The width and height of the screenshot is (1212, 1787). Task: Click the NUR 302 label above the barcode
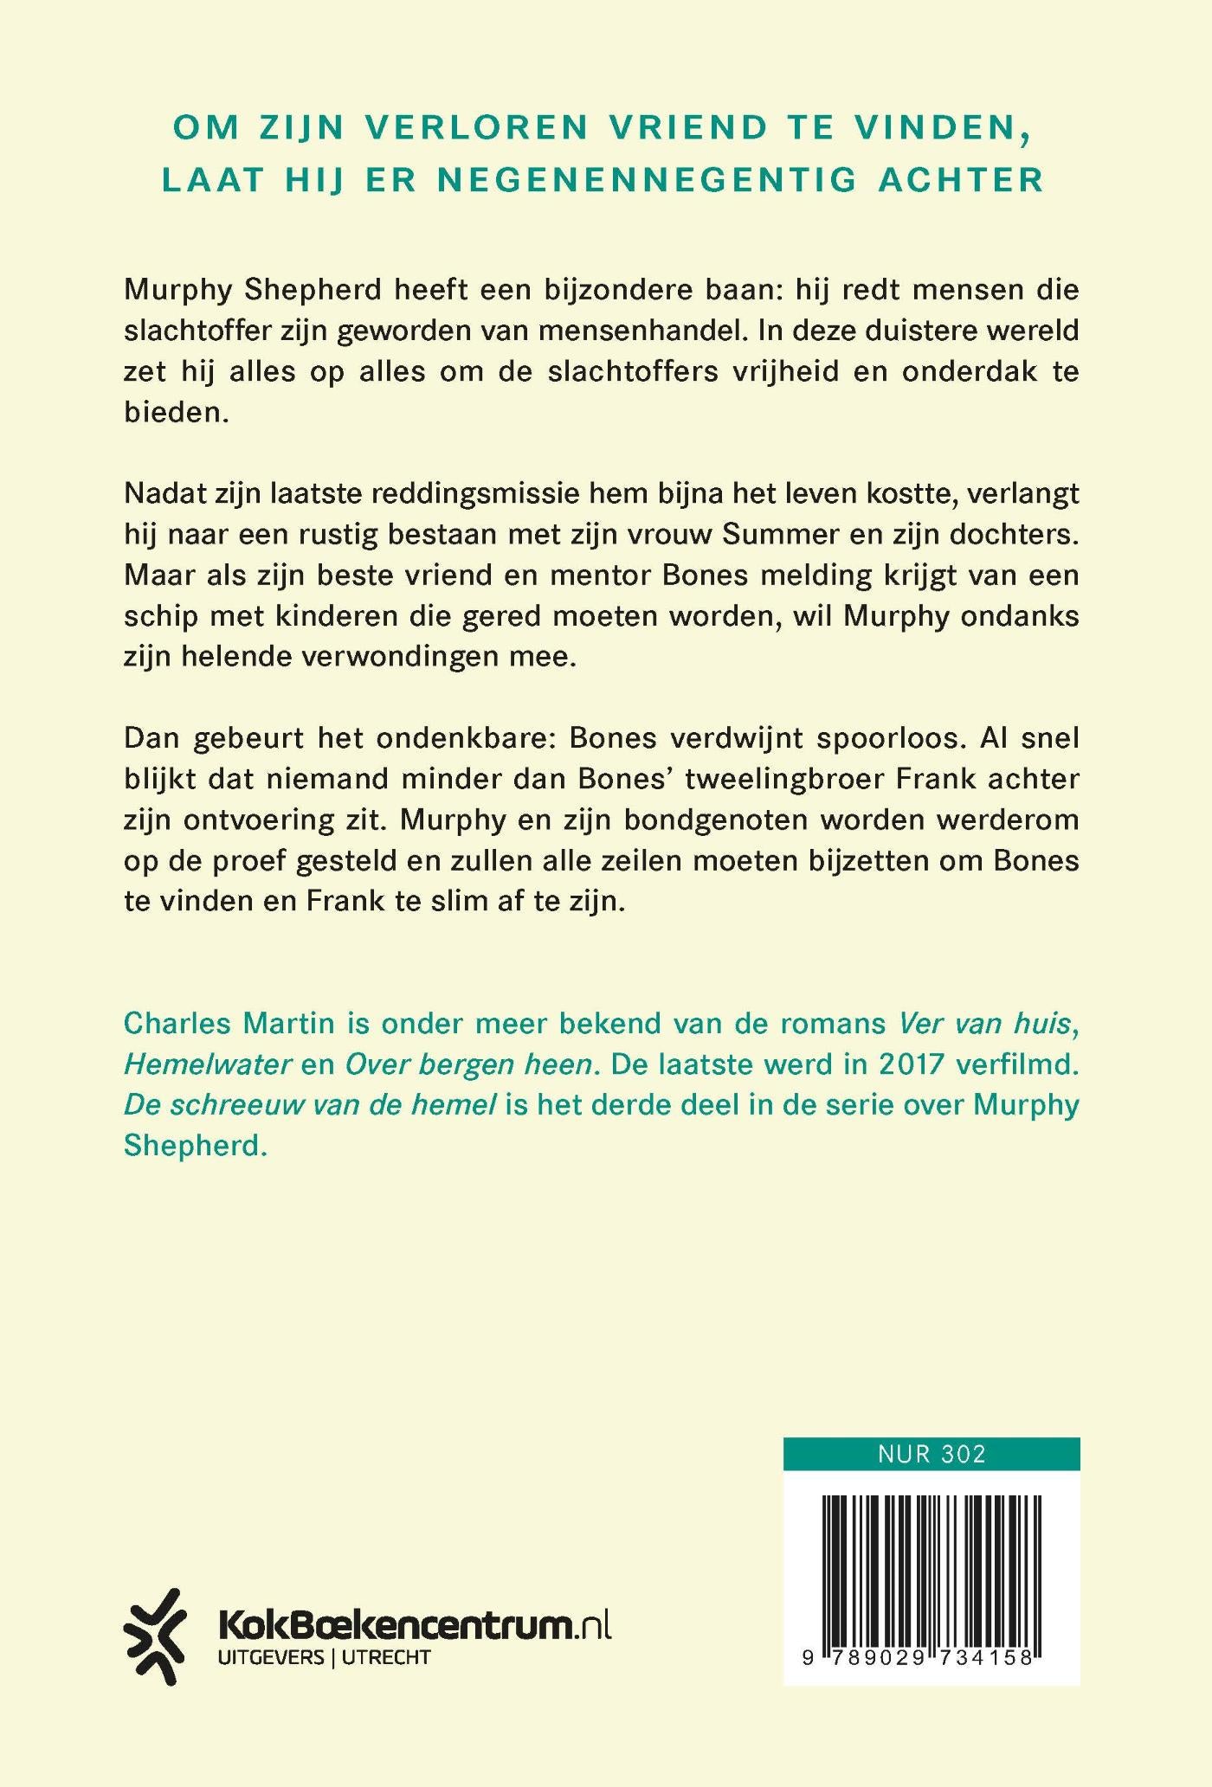click(932, 1453)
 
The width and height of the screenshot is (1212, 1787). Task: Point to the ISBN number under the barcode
click(932, 1658)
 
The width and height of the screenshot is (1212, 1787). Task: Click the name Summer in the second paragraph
click(778, 534)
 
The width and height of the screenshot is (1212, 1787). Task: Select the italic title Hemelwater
click(208, 1064)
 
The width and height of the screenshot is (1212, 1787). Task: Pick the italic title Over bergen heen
click(473, 1064)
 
